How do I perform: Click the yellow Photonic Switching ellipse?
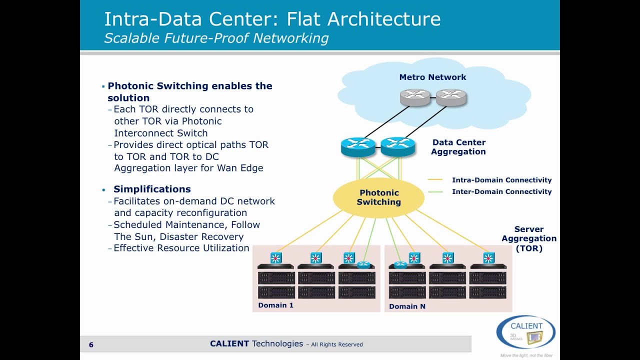[378, 197]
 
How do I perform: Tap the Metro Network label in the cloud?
[432, 77]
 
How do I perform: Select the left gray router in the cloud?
[415, 97]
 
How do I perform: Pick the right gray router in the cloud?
[450, 97]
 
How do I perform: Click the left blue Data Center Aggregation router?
[358, 146]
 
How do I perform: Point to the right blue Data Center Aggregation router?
[398, 146]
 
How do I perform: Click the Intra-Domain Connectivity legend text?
[501, 180]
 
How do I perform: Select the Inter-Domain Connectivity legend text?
[501, 191]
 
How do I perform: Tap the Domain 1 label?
[275, 305]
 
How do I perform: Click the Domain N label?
[407, 306]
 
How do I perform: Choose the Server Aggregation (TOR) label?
[529, 238]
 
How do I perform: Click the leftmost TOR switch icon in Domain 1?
[275, 258]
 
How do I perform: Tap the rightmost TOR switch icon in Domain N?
[488, 258]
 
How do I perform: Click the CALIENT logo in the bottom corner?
[525, 331]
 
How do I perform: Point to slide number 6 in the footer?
[91, 344]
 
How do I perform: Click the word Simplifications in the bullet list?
[152, 189]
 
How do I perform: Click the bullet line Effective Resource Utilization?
[181, 248]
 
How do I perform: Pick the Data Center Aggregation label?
[458, 147]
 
